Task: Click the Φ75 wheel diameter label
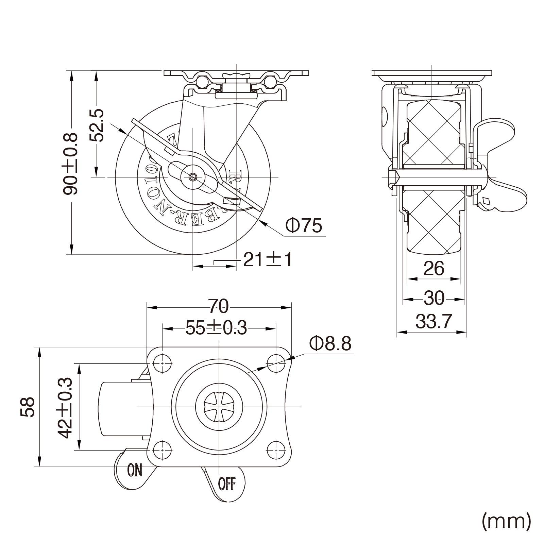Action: pyautogui.click(x=303, y=225)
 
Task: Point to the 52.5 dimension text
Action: pyautogui.click(x=96, y=125)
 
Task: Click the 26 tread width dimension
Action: pyautogui.click(x=434, y=269)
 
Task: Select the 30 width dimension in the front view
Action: pyautogui.click(x=434, y=299)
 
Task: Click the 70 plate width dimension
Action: pyautogui.click(x=218, y=306)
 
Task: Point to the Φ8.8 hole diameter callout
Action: pyautogui.click(x=330, y=344)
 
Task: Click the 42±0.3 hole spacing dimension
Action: pyautogui.click(x=65, y=407)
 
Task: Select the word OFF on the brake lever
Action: pyautogui.click(x=227, y=484)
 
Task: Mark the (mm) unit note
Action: pyautogui.click(x=506, y=521)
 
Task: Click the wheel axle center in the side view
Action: pyautogui.click(x=193, y=177)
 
